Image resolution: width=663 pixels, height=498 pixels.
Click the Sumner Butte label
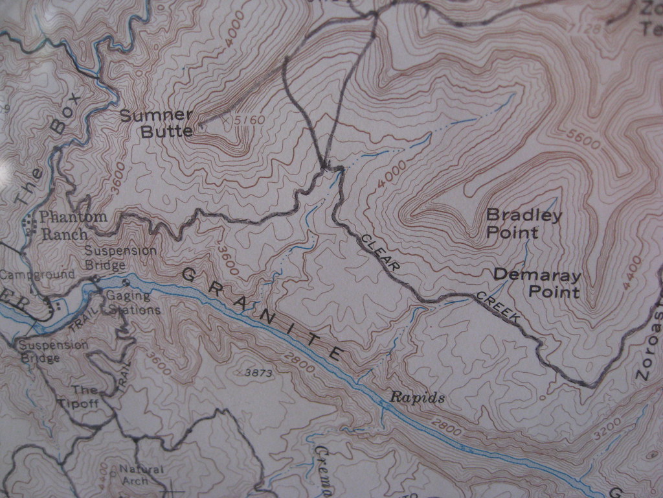coord(157,123)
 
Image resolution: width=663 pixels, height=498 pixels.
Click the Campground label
coord(38,275)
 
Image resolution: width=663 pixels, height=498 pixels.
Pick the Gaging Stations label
coord(132,303)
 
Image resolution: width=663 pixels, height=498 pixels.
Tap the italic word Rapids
coord(417,397)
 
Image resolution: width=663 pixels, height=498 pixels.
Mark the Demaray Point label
coord(537,283)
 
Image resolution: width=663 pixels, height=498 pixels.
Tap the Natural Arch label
coord(140,475)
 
